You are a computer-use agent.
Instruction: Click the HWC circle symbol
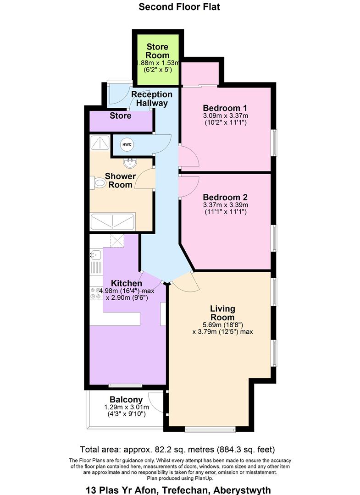[x=127, y=144]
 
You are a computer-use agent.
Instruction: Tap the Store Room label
[x=157, y=51]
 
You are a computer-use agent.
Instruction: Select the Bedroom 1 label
[x=225, y=108]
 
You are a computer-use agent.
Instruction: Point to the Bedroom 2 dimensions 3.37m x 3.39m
[x=225, y=205]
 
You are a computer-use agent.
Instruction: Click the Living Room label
[x=222, y=313]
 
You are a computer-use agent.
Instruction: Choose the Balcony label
[x=126, y=400]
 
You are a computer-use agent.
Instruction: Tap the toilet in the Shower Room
[x=99, y=183]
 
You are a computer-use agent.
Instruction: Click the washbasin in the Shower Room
[x=130, y=163]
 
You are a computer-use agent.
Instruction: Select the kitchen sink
[x=95, y=254]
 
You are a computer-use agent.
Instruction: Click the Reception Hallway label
[x=152, y=99]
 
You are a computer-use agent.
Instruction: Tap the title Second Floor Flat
[x=179, y=6]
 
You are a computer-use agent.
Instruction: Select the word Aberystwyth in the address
[x=242, y=490]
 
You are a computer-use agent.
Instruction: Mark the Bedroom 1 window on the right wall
[x=275, y=143]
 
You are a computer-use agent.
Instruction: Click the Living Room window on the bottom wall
[x=210, y=429]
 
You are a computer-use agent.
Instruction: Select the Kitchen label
[x=126, y=283]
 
